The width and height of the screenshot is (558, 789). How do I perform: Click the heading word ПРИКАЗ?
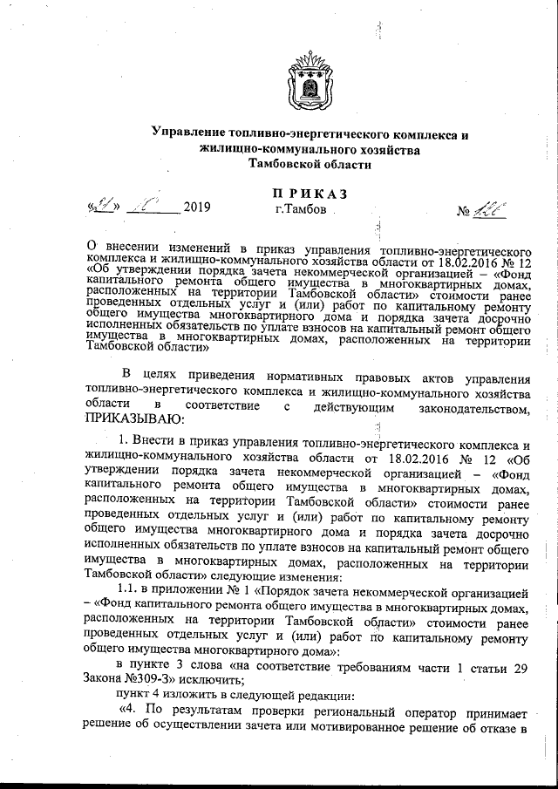pos(310,193)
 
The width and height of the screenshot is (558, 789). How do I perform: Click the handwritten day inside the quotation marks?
pos(105,207)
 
